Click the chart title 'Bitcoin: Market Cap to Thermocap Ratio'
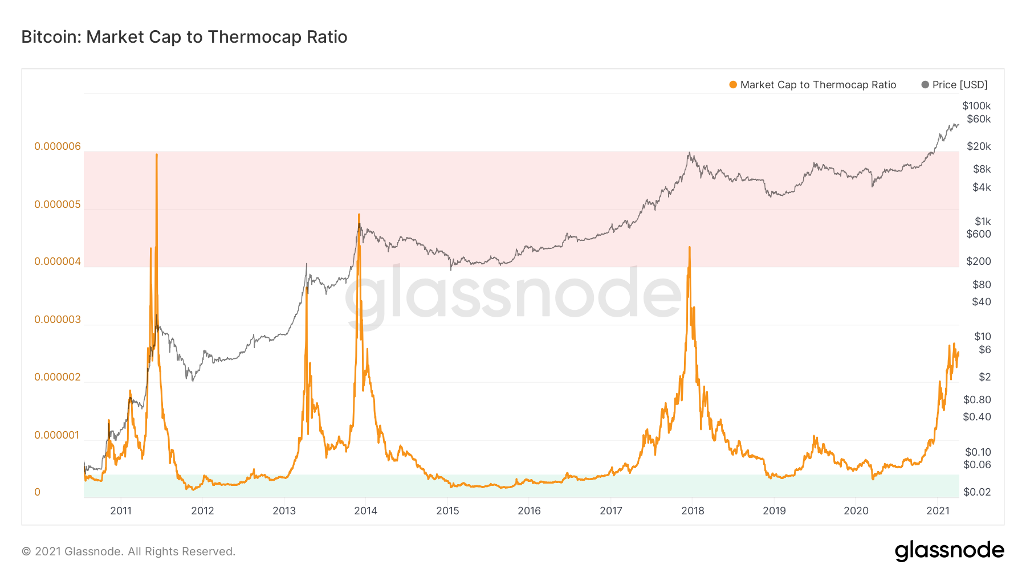[x=184, y=37]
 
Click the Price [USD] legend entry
[x=955, y=85]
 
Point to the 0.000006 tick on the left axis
[x=58, y=146]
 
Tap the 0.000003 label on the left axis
[x=58, y=320]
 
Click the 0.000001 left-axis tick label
[x=58, y=435]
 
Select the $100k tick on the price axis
[x=976, y=106]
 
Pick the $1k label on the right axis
[x=982, y=222]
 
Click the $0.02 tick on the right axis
[x=976, y=492]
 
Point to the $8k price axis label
[x=982, y=169]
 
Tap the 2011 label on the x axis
[x=121, y=511]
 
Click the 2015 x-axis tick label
[x=447, y=511]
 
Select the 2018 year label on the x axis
[x=693, y=511]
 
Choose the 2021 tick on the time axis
[x=938, y=511]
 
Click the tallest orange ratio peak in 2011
[x=157, y=155]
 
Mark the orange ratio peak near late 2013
[x=359, y=215]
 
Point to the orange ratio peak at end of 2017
[x=690, y=248]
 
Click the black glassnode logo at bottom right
[x=949, y=551]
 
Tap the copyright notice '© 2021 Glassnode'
[x=128, y=551]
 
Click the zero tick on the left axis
[x=38, y=492]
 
